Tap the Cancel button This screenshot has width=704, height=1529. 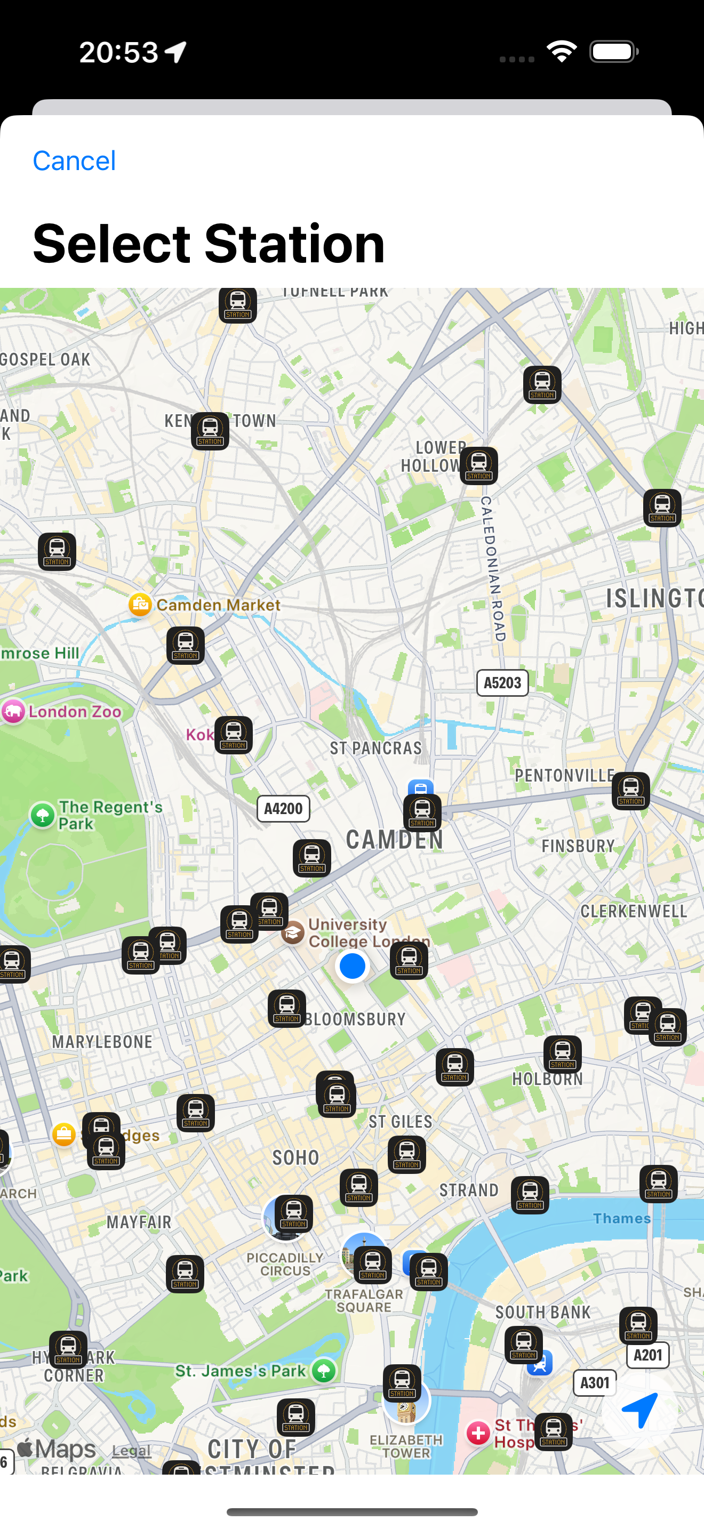click(74, 161)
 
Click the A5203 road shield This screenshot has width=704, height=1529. click(502, 682)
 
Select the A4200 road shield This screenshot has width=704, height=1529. click(283, 808)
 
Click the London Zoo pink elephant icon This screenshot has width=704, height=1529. click(13, 711)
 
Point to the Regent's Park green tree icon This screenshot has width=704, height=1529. click(42, 815)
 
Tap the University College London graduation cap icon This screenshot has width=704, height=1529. click(293, 932)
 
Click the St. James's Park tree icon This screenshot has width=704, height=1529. click(324, 1371)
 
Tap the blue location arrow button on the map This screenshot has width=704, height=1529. click(639, 1410)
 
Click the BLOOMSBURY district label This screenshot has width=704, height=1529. click(356, 1019)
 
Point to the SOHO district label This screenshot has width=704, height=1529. click(295, 1157)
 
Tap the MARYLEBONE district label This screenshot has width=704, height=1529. click(102, 1042)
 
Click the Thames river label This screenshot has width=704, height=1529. click(621, 1219)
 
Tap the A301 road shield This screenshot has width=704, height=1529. click(595, 1383)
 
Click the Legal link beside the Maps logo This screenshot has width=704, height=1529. click(131, 1450)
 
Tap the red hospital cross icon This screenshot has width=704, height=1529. click(478, 1434)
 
